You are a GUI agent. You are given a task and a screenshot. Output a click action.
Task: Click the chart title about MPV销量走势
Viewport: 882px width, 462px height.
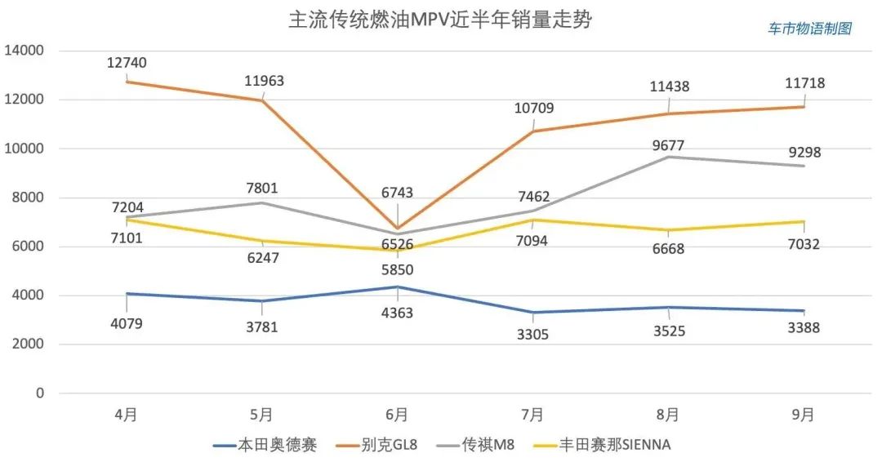[x=440, y=20]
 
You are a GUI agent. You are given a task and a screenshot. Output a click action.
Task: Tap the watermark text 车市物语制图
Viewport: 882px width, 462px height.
[x=810, y=29]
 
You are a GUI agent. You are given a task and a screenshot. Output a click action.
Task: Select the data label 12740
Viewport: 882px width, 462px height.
[x=127, y=63]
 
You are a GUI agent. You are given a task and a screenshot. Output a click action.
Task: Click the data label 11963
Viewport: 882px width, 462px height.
[x=264, y=81]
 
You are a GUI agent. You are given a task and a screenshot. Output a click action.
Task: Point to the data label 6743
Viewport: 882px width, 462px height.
[x=397, y=193]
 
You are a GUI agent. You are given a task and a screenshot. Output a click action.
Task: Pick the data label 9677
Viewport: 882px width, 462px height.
[x=668, y=146]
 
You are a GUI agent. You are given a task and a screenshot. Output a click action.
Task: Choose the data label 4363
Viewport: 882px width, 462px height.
[x=397, y=313]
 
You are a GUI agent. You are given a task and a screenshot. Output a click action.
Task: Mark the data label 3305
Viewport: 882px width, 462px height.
[x=532, y=333]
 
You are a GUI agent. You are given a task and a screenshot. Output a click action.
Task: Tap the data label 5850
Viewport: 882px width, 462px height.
[x=397, y=270]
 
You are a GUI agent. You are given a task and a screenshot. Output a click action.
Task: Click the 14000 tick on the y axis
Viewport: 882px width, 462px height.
[x=24, y=51]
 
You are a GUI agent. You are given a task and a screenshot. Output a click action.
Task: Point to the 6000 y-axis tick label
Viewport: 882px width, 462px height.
[x=28, y=247]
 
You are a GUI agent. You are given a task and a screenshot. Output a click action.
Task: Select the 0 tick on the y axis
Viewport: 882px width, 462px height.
[x=39, y=393]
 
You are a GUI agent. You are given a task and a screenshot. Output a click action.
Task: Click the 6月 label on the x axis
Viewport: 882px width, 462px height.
[x=397, y=415]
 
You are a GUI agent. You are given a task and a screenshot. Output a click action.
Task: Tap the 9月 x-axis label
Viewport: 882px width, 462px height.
[x=804, y=415]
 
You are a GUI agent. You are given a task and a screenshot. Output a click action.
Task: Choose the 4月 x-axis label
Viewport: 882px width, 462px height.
[x=126, y=415]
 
